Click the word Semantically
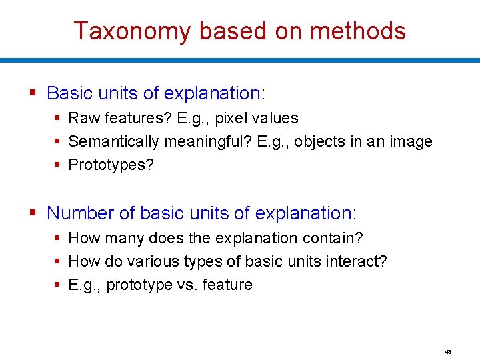coord(113,141)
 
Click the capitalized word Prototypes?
coord(111,165)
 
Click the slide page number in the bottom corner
coord(449,351)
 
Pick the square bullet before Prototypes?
coord(58,165)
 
